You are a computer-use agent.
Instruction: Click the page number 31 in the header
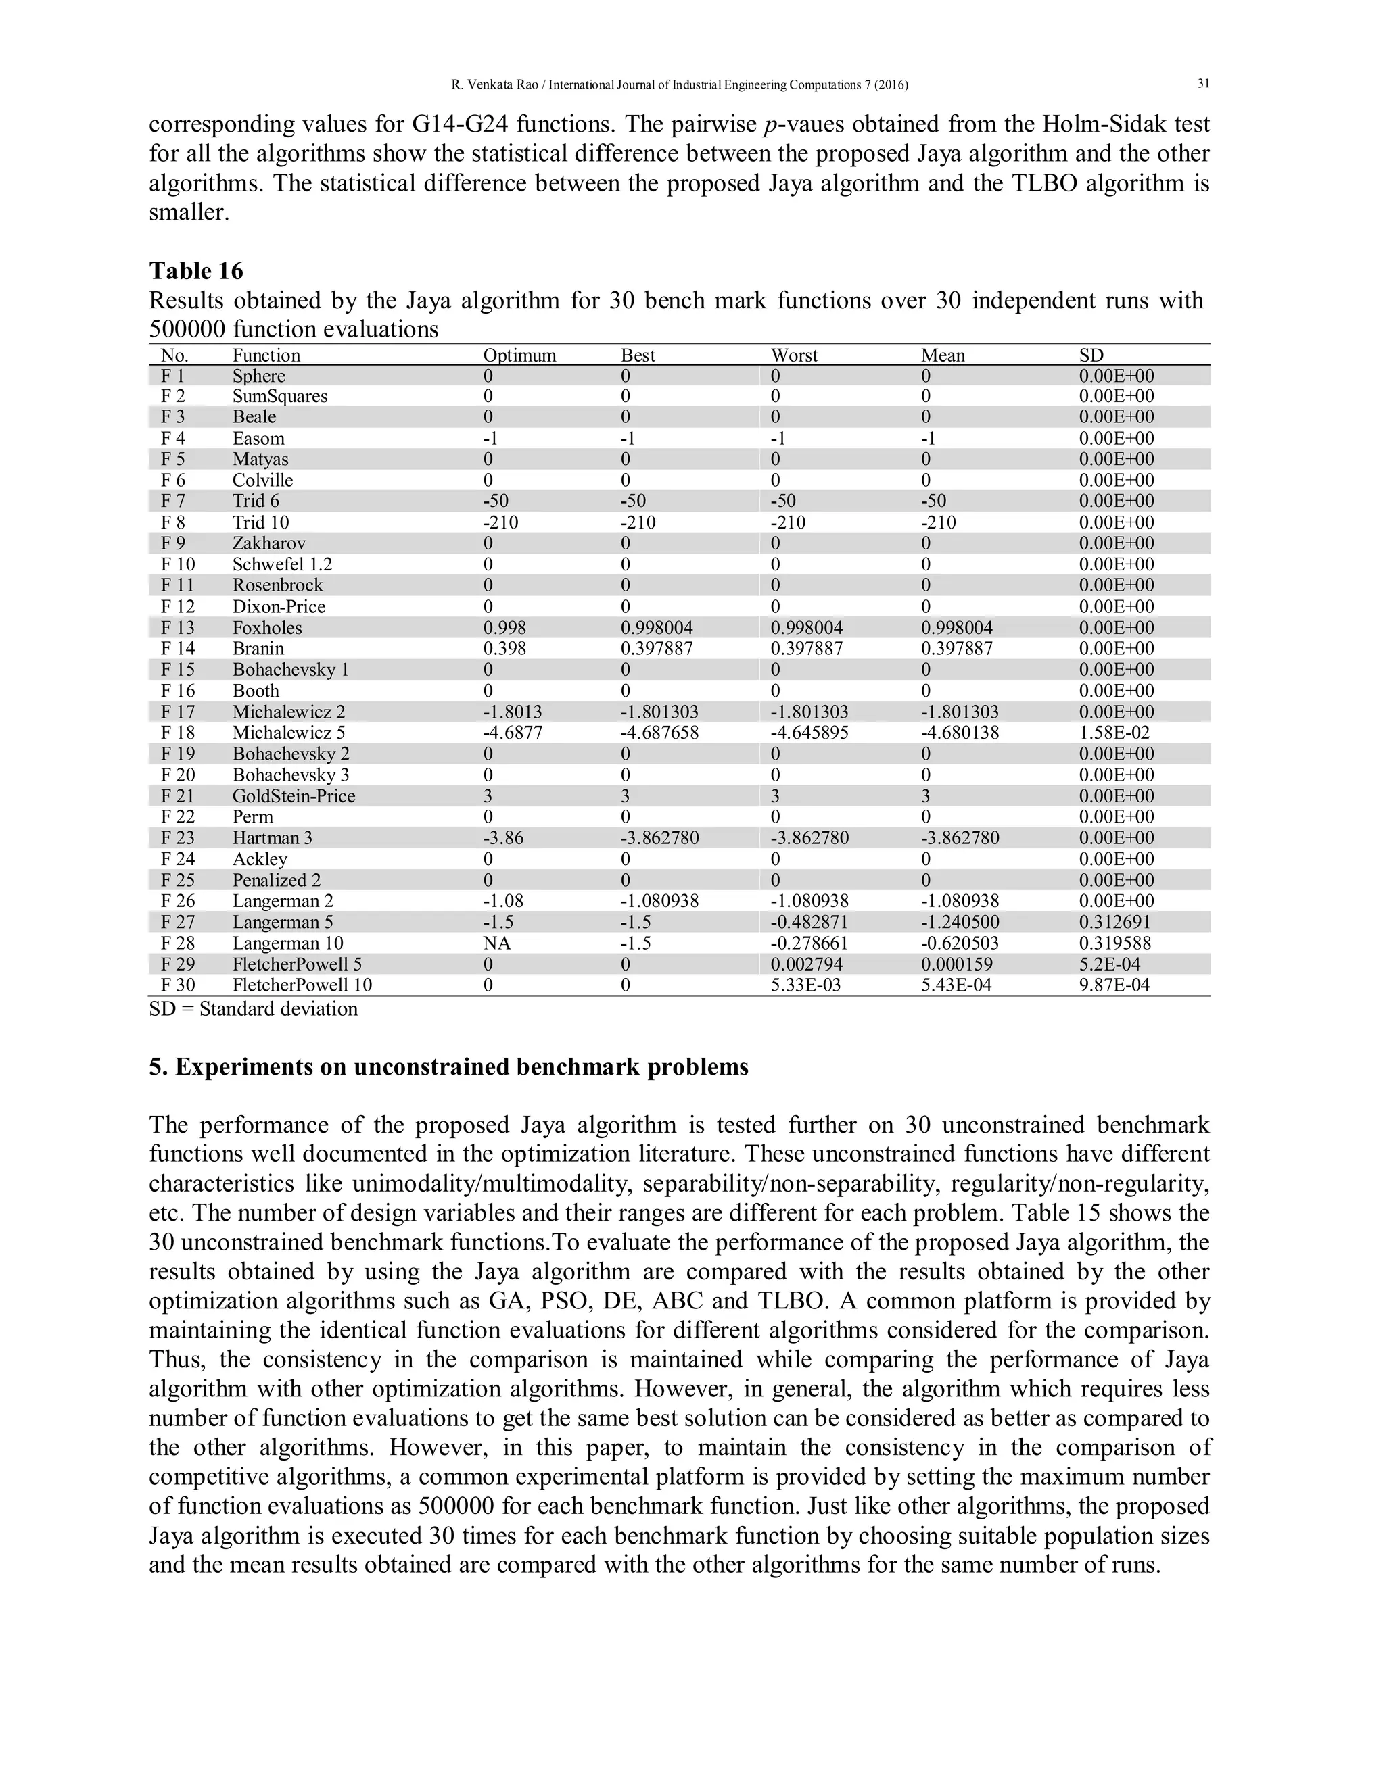1203,84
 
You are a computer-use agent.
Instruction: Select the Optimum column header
519,355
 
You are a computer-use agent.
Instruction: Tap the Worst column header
793,355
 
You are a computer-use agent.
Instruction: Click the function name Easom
258,439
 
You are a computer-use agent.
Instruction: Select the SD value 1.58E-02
1115,733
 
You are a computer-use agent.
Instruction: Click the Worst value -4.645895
809,733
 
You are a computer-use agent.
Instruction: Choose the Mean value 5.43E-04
956,985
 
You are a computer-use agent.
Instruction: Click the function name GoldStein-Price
294,796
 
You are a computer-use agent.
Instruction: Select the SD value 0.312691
1114,923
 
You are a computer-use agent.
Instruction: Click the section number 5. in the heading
158,1067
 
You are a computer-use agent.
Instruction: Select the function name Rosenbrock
277,585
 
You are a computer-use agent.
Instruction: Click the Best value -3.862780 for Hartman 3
659,838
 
